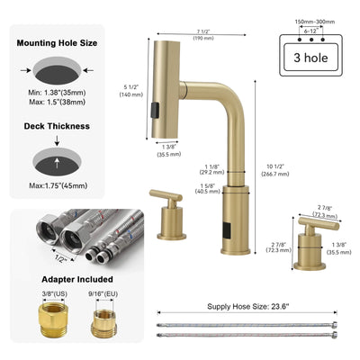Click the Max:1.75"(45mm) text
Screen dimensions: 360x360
tap(59, 186)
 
